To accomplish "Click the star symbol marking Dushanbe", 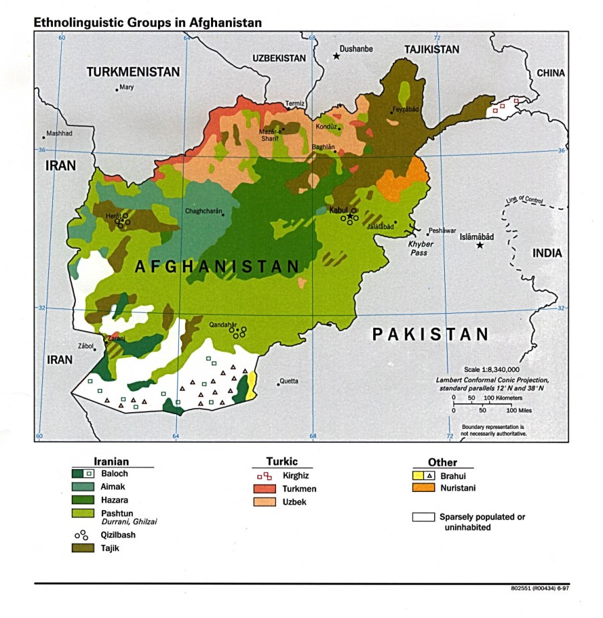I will (337, 56).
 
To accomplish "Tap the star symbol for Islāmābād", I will (480, 246).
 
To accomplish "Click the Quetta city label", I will (289, 381).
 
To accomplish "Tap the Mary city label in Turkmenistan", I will (127, 86).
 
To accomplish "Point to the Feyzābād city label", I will (406, 109).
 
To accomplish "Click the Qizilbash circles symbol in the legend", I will (82, 535).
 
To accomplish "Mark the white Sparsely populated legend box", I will (423, 517).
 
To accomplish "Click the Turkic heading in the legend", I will (281, 462).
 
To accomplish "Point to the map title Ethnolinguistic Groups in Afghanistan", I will (147, 22).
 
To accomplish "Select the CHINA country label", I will (551, 73).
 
